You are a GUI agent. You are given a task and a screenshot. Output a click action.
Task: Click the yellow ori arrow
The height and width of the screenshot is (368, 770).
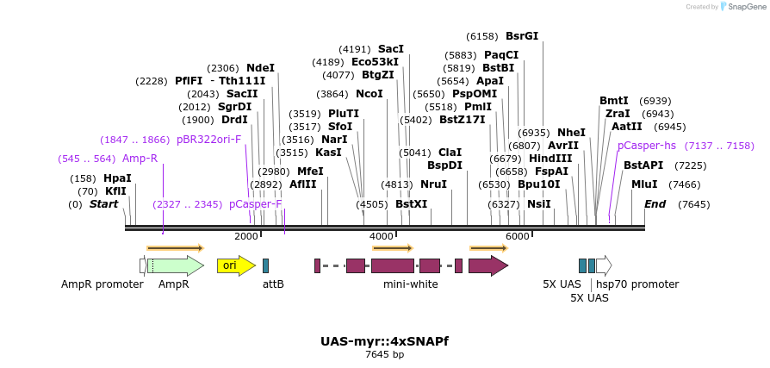(x=235, y=265)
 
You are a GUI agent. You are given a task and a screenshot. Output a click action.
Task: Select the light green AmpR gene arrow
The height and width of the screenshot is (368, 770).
(x=175, y=265)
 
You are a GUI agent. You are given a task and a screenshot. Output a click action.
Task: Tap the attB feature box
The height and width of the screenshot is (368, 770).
(x=265, y=265)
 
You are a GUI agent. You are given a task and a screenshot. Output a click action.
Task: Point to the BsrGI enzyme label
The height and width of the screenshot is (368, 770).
(x=522, y=36)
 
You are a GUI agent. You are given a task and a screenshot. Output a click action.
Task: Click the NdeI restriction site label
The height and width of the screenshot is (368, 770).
(x=260, y=68)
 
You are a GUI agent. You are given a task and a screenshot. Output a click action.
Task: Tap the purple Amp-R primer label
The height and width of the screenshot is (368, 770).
(x=140, y=159)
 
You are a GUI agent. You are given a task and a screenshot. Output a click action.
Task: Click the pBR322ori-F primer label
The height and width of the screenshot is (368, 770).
(x=208, y=140)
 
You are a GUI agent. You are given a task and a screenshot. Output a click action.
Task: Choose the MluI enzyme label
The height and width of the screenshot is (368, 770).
(x=644, y=184)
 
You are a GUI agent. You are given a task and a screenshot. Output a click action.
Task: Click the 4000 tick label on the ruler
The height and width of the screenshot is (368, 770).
(x=381, y=236)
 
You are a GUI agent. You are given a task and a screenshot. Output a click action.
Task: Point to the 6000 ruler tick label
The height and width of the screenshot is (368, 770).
(x=517, y=236)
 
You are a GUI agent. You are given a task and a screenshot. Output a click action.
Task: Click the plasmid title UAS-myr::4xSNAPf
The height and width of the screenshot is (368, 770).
(x=384, y=341)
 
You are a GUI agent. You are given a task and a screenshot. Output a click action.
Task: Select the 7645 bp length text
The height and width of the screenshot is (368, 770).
(x=384, y=354)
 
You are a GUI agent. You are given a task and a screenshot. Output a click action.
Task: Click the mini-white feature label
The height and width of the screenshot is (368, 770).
(x=410, y=284)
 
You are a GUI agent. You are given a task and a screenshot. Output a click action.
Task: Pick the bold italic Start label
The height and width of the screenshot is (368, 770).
(x=103, y=204)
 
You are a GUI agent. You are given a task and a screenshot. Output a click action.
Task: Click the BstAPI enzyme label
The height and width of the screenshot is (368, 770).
(x=643, y=165)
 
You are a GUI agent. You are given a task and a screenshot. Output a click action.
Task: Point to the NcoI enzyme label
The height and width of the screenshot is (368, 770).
(x=369, y=94)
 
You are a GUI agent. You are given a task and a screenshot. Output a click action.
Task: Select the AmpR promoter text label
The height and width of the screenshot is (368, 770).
(x=102, y=284)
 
